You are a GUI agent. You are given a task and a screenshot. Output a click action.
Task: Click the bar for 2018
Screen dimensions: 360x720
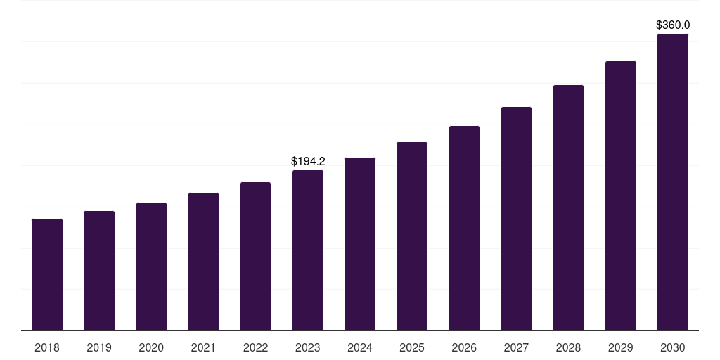click(x=47, y=274)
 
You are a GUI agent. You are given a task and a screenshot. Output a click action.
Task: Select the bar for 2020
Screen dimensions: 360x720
click(x=151, y=266)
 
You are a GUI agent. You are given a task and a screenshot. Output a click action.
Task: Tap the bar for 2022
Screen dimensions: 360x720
click(x=255, y=256)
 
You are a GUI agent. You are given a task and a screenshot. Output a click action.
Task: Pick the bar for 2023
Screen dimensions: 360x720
click(x=308, y=250)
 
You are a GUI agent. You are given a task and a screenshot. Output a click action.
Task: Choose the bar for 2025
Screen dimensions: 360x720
click(x=412, y=236)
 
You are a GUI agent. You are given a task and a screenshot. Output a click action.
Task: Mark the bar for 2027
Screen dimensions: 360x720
click(x=516, y=219)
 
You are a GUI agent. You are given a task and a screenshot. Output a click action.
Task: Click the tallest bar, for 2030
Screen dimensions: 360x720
click(x=673, y=182)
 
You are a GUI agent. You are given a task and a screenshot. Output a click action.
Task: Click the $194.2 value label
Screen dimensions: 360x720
click(x=308, y=162)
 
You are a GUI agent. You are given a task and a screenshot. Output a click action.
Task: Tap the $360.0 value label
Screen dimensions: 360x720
click(x=673, y=25)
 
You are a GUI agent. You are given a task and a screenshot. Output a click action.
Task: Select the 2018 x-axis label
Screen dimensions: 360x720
click(x=47, y=347)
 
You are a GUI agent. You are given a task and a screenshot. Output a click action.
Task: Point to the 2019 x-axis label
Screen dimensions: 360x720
click(x=99, y=347)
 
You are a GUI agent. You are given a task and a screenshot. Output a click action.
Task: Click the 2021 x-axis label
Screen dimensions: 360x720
click(x=203, y=347)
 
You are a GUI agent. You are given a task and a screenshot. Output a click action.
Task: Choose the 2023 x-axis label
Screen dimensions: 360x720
click(x=308, y=347)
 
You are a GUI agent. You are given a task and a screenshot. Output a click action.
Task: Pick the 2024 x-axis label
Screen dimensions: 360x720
click(x=360, y=347)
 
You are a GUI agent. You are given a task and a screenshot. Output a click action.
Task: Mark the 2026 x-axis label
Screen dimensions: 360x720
click(x=464, y=347)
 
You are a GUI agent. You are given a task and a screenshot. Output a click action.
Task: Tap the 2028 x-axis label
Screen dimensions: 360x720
click(x=568, y=347)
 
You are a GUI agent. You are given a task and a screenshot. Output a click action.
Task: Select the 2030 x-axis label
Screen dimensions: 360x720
click(x=673, y=347)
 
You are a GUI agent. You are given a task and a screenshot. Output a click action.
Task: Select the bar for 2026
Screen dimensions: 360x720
click(x=464, y=228)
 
